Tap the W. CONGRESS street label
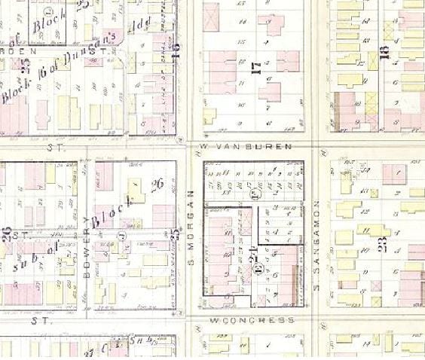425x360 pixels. (x=252, y=320)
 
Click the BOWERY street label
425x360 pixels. (x=87, y=260)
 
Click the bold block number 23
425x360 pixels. (x=383, y=244)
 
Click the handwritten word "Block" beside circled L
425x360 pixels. (x=45, y=27)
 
